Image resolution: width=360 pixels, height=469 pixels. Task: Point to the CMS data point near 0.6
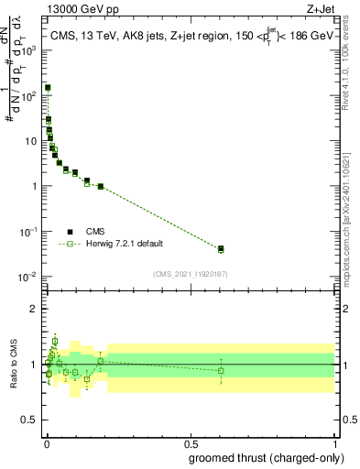click(x=221, y=248)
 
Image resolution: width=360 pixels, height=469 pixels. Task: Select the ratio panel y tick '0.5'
click(x=30, y=420)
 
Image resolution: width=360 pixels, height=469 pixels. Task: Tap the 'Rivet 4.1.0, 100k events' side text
click(x=345, y=64)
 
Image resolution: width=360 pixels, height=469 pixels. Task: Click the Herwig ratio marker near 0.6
click(x=221, y=370)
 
